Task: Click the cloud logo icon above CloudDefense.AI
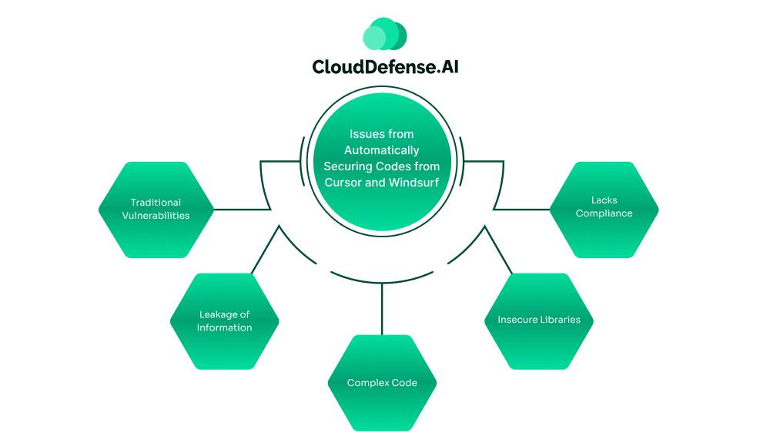[384, 35]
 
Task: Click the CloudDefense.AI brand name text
[385, 67]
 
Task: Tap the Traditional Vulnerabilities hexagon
[156, 210]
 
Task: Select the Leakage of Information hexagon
[224, 321]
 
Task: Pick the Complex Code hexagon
[383, 383]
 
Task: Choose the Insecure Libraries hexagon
[539, 320]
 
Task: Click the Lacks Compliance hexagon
[604, 207]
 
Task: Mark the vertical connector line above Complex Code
[383, 308]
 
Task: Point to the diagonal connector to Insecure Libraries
[498, 251]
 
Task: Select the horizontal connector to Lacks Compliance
[522, 208]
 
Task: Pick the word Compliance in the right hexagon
[604, 213]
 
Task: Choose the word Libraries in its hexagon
[560, 320]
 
